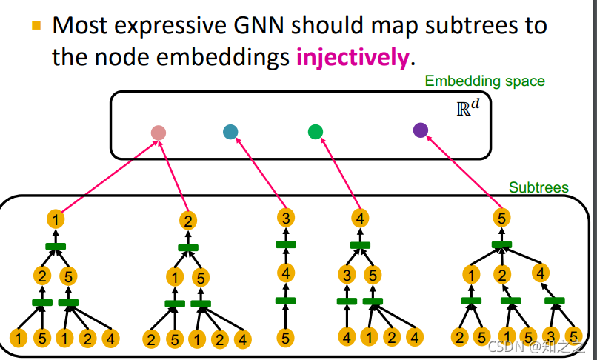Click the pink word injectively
352,57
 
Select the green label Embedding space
484,81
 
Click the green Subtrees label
538,187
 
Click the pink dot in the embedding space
158,133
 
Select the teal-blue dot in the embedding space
230,132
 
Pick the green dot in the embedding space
316,132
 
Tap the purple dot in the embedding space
421,130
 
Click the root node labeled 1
56,219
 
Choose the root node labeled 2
188,220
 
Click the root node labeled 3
286,218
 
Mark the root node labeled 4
359,218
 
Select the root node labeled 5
501,218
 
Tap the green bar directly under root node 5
501,244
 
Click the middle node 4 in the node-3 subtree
286,273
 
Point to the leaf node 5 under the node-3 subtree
286,339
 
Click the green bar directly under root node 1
56,246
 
